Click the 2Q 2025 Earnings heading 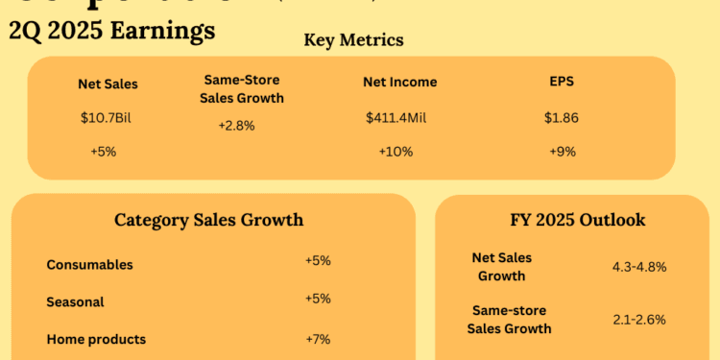point(111,31)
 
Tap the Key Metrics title point(353,40)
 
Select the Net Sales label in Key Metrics point(108,84)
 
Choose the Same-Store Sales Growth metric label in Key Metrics point(242,89)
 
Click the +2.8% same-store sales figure point(236,126)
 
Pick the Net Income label point(400,83)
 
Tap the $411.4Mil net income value point(398,119)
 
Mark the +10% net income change point(396,152)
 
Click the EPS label point(562,83)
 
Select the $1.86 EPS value point(562,119)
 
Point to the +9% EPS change point(562,152)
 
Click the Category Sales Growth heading point(208,220)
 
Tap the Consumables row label point(89,264)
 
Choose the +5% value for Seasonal point(318,299)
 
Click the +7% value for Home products point(318,338)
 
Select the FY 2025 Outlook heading point(578,220)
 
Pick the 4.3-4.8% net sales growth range point(638,267)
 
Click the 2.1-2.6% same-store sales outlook point(638,320)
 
